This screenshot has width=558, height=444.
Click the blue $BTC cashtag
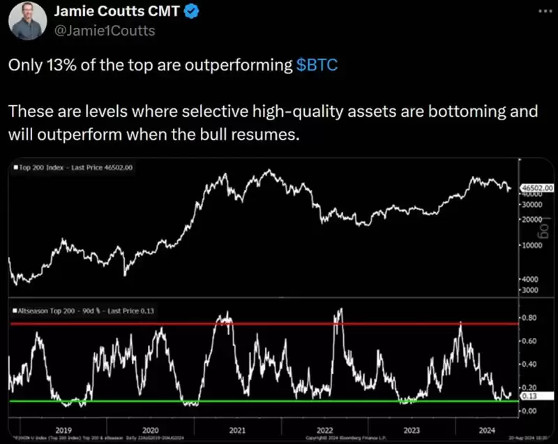[317, 65]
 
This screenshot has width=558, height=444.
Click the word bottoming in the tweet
[457, 112]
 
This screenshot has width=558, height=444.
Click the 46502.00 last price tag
[537, 188]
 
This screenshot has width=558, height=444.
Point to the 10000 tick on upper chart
[534, 246]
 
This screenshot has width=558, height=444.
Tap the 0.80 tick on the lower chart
[530, 318]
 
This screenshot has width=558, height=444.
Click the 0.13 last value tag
[529, 397]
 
